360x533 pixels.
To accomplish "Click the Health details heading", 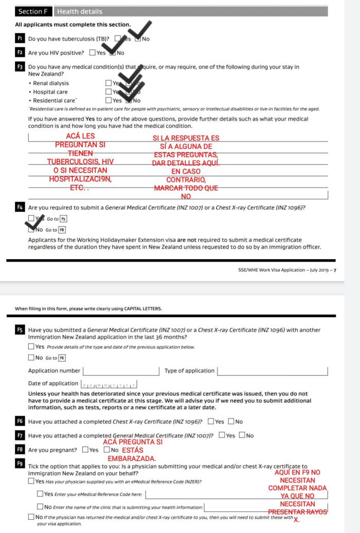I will pos(80,11).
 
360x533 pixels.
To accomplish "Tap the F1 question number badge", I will pos(20,39).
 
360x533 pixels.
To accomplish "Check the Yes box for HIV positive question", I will pos(92,52).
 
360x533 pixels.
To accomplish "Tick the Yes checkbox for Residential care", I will pos(109,100).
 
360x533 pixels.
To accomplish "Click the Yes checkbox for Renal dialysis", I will pos(109,83).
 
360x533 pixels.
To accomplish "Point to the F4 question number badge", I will pos(20,208).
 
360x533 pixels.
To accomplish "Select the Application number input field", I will pos(121,371).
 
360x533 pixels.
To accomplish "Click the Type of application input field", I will pos(273,371).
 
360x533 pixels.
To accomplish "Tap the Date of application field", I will pos(110,384).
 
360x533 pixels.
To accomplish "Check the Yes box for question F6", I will pos(211,422).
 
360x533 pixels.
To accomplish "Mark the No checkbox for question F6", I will pos(231,422).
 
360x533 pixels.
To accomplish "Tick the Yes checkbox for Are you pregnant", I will pos(85,450).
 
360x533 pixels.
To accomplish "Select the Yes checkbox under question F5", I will pos(31,346).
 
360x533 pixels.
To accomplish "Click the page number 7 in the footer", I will pos(334,270).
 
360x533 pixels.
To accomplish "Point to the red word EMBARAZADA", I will pos(132,458).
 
